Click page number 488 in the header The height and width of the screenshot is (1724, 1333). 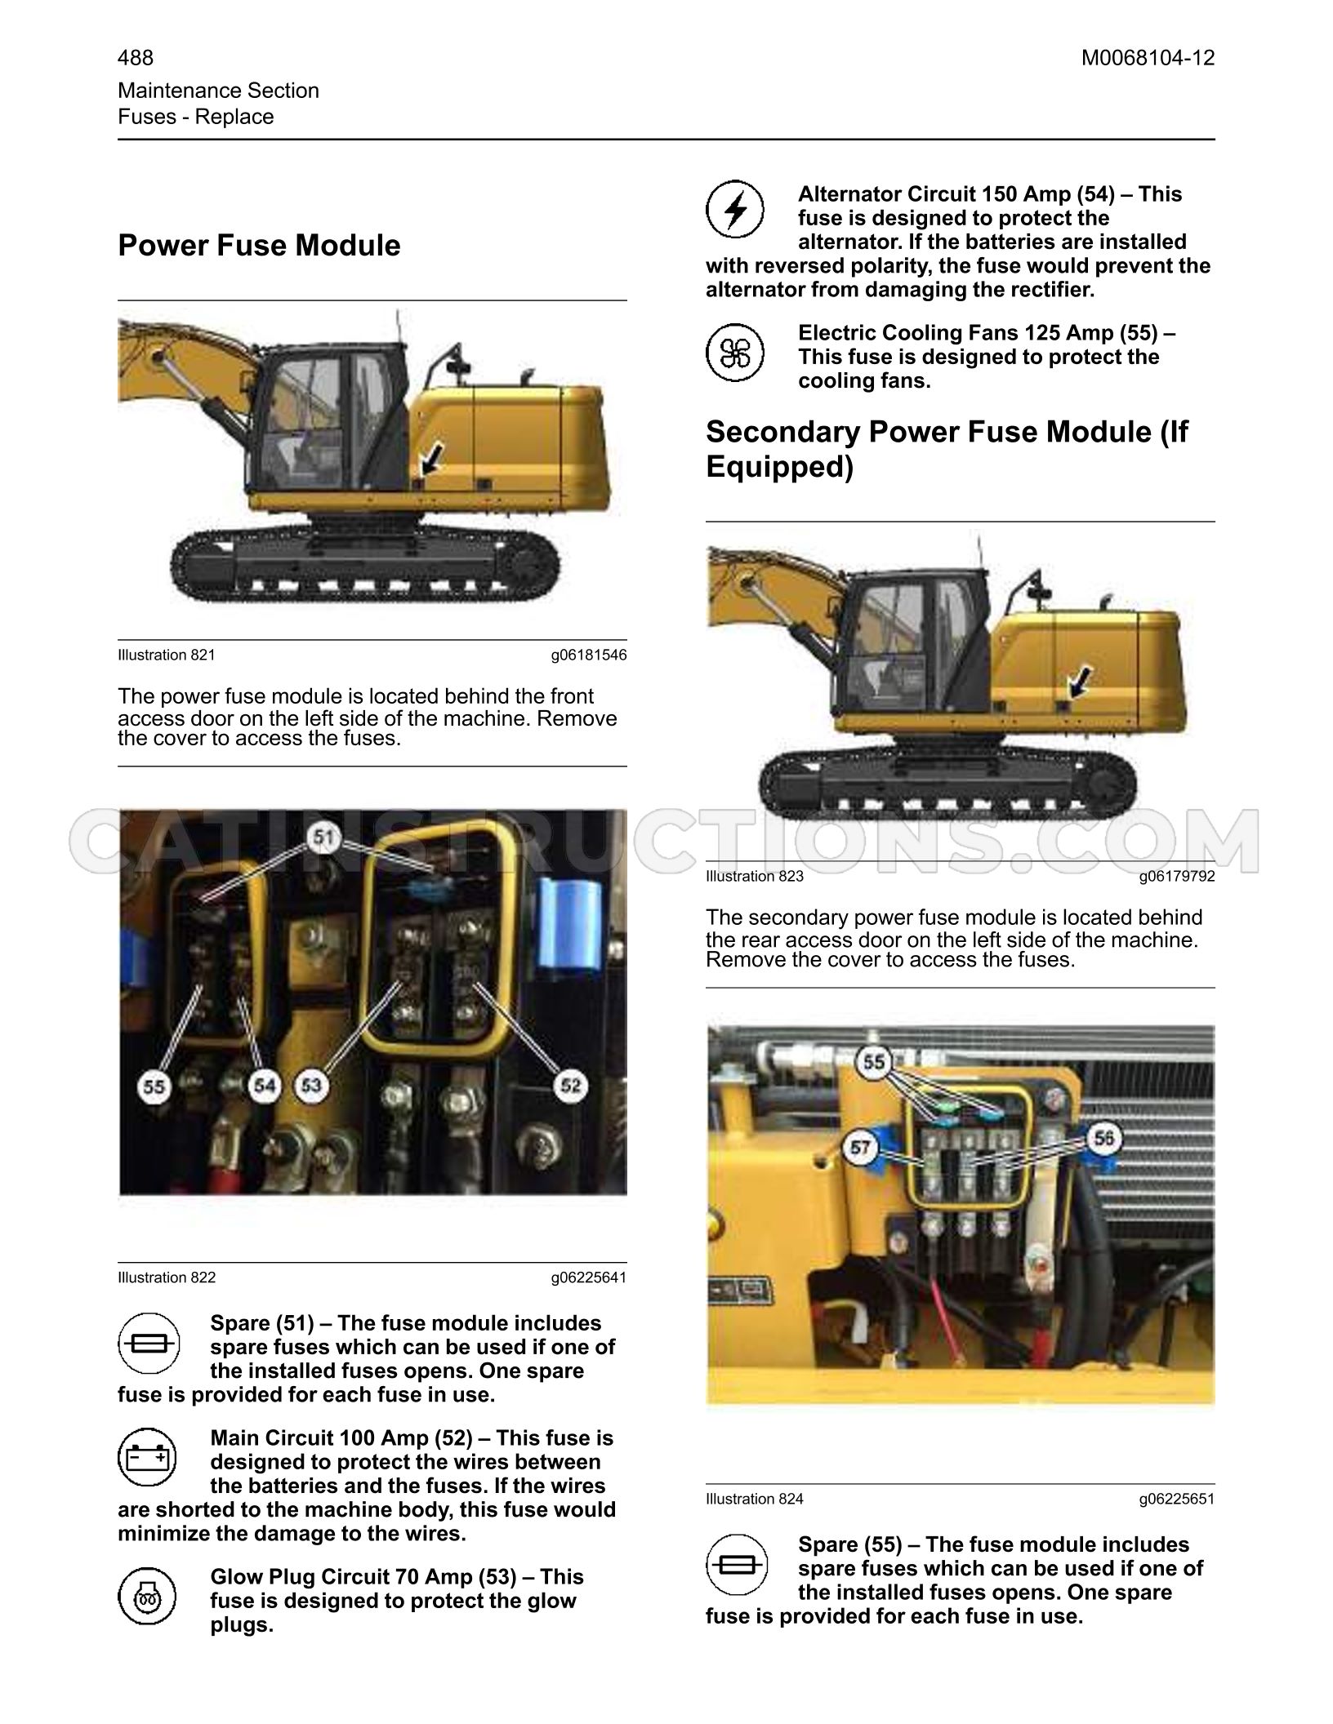[136, 58]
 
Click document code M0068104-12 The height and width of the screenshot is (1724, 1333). [1148, 58]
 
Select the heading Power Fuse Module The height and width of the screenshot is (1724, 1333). [259, 246]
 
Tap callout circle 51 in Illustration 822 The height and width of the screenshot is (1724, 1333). [325, 838]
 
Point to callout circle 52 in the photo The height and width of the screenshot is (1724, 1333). [571, 1086]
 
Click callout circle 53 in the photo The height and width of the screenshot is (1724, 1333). [311, 1086]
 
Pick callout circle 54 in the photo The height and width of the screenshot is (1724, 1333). [264, 1086]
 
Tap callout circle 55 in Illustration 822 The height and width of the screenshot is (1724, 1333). [154, 1087]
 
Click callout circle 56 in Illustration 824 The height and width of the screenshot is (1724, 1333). [1103, 1138]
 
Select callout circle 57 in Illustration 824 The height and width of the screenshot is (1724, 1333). [860, 1149]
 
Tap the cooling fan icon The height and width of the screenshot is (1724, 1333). [735, 353]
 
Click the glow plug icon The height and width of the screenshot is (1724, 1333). [148, 1596]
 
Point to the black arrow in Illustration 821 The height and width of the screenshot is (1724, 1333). [431, 459]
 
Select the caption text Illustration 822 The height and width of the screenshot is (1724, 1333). [167, 1277]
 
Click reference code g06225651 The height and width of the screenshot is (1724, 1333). [1177, 1499]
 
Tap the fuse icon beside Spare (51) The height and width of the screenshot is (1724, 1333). [148, 1343]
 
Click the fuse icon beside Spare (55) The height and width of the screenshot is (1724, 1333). [735, 1564]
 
